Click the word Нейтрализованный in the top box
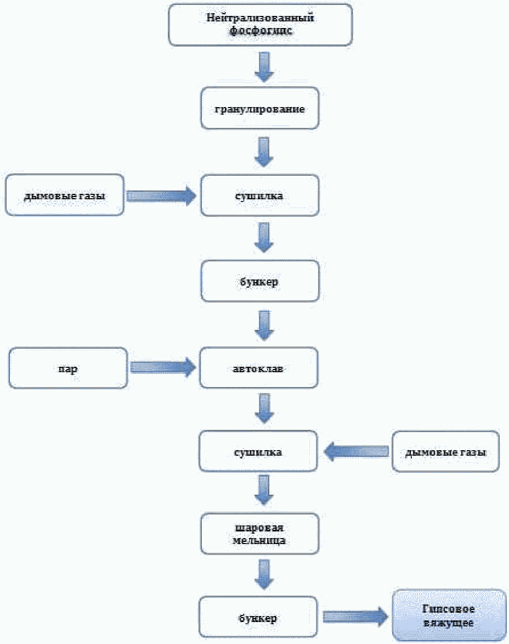click(260, 18)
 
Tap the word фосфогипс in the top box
click(261, 30)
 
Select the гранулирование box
click(260, 108)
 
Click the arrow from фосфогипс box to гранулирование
click(264, 66)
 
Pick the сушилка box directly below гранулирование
click(260, 195)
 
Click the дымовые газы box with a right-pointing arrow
click(64, 195)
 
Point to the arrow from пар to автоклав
click(163, 367)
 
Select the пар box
click(68, 368)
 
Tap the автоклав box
click(258, 368)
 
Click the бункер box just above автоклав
click(260, 281)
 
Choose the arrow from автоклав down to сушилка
click(264, 408)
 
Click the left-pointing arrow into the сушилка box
click(357, 451)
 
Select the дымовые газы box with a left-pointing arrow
click(446, 451)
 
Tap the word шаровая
click(259, 528)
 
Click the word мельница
click(259, 540)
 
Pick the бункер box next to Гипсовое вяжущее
click(258, 617)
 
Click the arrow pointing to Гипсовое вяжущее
click(355, 616)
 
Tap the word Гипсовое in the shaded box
click(448, 609)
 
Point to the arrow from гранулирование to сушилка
click(263, 153)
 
